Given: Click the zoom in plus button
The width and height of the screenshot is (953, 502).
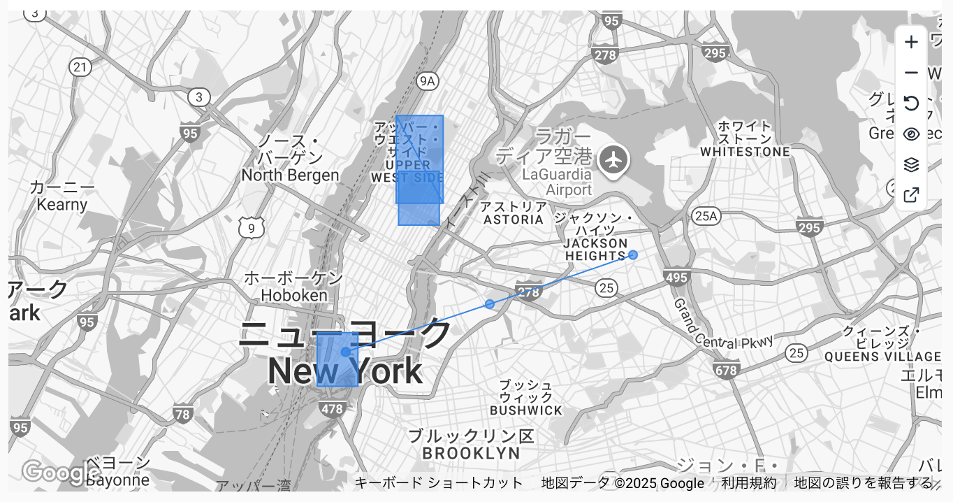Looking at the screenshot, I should pos(911,43).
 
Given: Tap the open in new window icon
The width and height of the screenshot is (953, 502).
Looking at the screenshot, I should pos(911,195).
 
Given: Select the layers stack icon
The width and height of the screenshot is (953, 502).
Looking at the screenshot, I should pos(911,165).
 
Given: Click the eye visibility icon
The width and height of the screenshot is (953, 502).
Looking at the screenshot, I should pos(911,134).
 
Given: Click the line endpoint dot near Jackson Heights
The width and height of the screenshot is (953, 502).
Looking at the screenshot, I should pos(633,254).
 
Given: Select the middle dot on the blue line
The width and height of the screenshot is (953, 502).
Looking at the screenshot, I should pos(490,304).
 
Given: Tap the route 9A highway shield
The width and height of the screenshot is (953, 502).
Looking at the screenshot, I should pos(427,82).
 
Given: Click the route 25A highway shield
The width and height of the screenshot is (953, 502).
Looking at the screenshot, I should pos(706,216).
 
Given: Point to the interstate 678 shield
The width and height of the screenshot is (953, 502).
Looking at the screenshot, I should pos(727,370).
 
